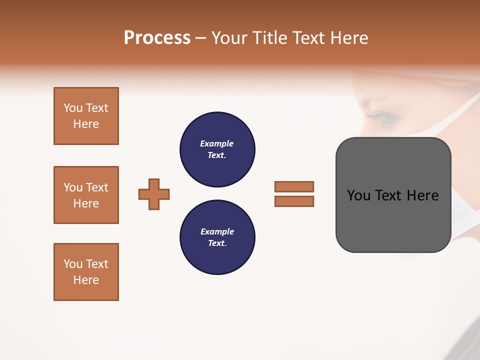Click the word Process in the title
[x=157, y=38]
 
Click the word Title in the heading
[x=268, y=38]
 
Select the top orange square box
[x=86, y=116]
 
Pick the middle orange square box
[x=86, y=195]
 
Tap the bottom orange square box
[x=86, y=272]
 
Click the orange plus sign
[x=154, y=194]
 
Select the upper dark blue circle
[x=217, y=149]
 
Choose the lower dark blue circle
[x=217, y=237]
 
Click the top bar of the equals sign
[x=294, y=186]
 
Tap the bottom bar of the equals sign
[x=294, y=201]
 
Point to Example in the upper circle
[x=217, y=143]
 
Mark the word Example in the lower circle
[x=217, y=231]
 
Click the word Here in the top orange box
[x=86, y=124]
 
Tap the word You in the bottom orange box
[x=72, y=264]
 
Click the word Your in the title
[x=229, y=38]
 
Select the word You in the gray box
[x=358, y=195]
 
